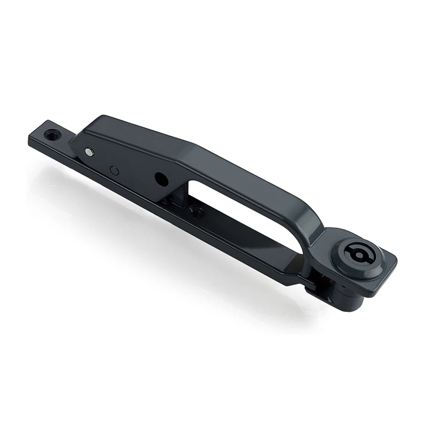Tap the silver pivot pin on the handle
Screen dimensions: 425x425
88,152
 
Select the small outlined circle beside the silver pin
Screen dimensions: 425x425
114,170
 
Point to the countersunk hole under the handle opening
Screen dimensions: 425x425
197,212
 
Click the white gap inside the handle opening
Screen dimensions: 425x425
239,207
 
